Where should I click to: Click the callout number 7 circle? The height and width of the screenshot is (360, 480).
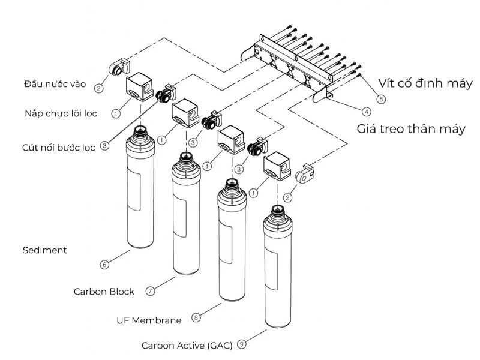(151, 290)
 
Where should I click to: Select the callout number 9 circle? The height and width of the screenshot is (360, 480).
(242, 344)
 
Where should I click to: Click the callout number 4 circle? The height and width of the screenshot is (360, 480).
(366, 111)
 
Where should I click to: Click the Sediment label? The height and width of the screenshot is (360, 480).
(44, 250)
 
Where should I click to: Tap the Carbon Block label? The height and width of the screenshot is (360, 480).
(104, 292)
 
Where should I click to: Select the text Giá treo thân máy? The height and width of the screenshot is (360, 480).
(411, 128)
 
